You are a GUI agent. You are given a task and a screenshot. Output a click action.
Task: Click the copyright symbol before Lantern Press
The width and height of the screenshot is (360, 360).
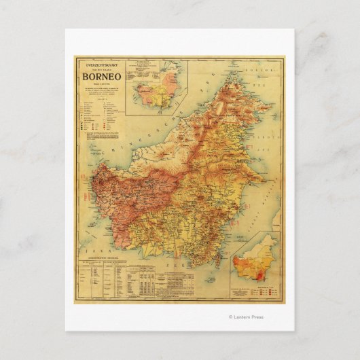tap(231, 317)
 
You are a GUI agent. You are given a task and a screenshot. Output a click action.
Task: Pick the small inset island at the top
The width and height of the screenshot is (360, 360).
tap(157, 91)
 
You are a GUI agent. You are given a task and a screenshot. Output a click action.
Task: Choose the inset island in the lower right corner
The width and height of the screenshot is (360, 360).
tap(255, 262)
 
